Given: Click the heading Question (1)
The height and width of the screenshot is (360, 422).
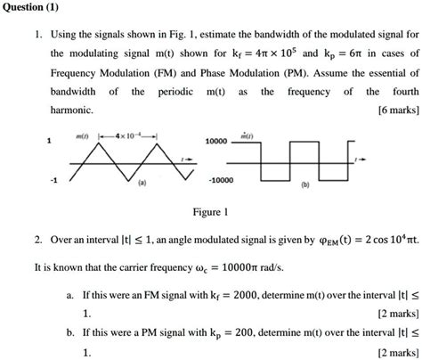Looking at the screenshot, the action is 33,6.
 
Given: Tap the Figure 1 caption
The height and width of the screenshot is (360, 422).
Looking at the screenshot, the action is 210,212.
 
